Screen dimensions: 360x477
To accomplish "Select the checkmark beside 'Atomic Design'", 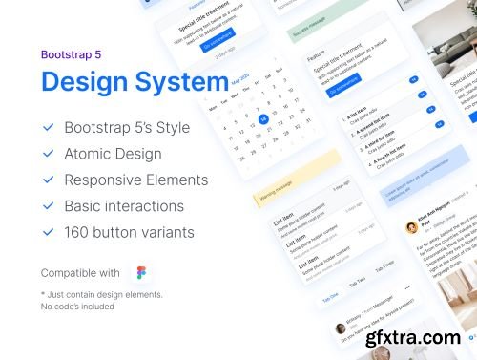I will [x=49, y=154].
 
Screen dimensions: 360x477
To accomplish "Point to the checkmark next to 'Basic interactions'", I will [x=49, y=205].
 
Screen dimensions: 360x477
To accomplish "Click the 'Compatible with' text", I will [x=80, y=272].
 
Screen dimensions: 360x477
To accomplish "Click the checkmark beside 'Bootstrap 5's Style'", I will [x=49, y=127].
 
